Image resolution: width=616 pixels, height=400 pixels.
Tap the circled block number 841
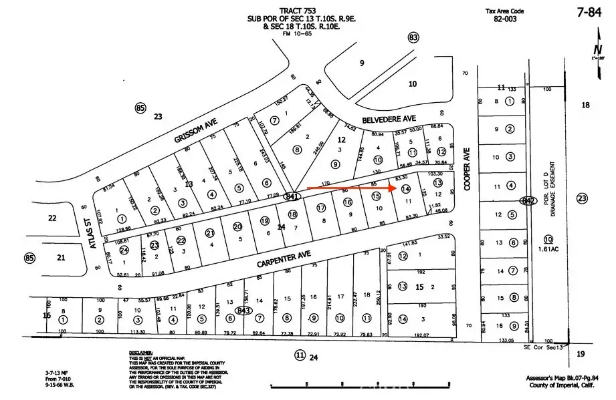click(x=291, y=196)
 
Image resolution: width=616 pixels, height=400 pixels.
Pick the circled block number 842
click(x=528, y=200)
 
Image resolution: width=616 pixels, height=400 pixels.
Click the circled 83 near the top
click(x=413, y=37)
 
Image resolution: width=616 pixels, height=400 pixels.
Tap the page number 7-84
click(x=594, y=12)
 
